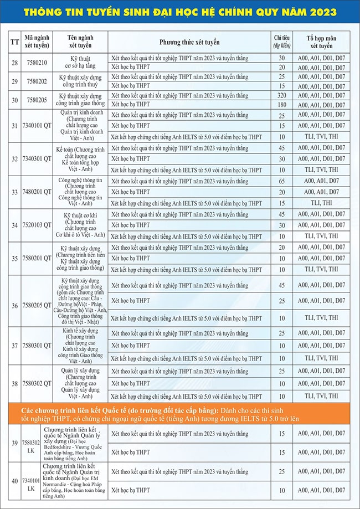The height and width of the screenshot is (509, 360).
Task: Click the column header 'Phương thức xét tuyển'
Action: point(189,42)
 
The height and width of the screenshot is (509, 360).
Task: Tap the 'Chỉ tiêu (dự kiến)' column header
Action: point(282,42)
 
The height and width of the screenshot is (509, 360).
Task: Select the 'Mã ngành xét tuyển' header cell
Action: point(37,42)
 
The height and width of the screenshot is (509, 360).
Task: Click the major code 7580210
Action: point(37,63)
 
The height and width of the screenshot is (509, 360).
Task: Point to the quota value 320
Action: point(282,95)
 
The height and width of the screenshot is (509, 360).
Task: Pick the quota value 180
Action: point(282,105)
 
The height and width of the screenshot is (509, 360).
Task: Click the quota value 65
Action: point(282,181)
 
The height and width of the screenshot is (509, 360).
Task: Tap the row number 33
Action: point(14,192)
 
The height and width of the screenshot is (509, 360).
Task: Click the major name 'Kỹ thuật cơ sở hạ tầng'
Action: point(80,63)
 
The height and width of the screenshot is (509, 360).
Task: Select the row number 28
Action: point(14,63)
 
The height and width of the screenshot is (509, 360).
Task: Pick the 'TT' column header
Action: point(14,42)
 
